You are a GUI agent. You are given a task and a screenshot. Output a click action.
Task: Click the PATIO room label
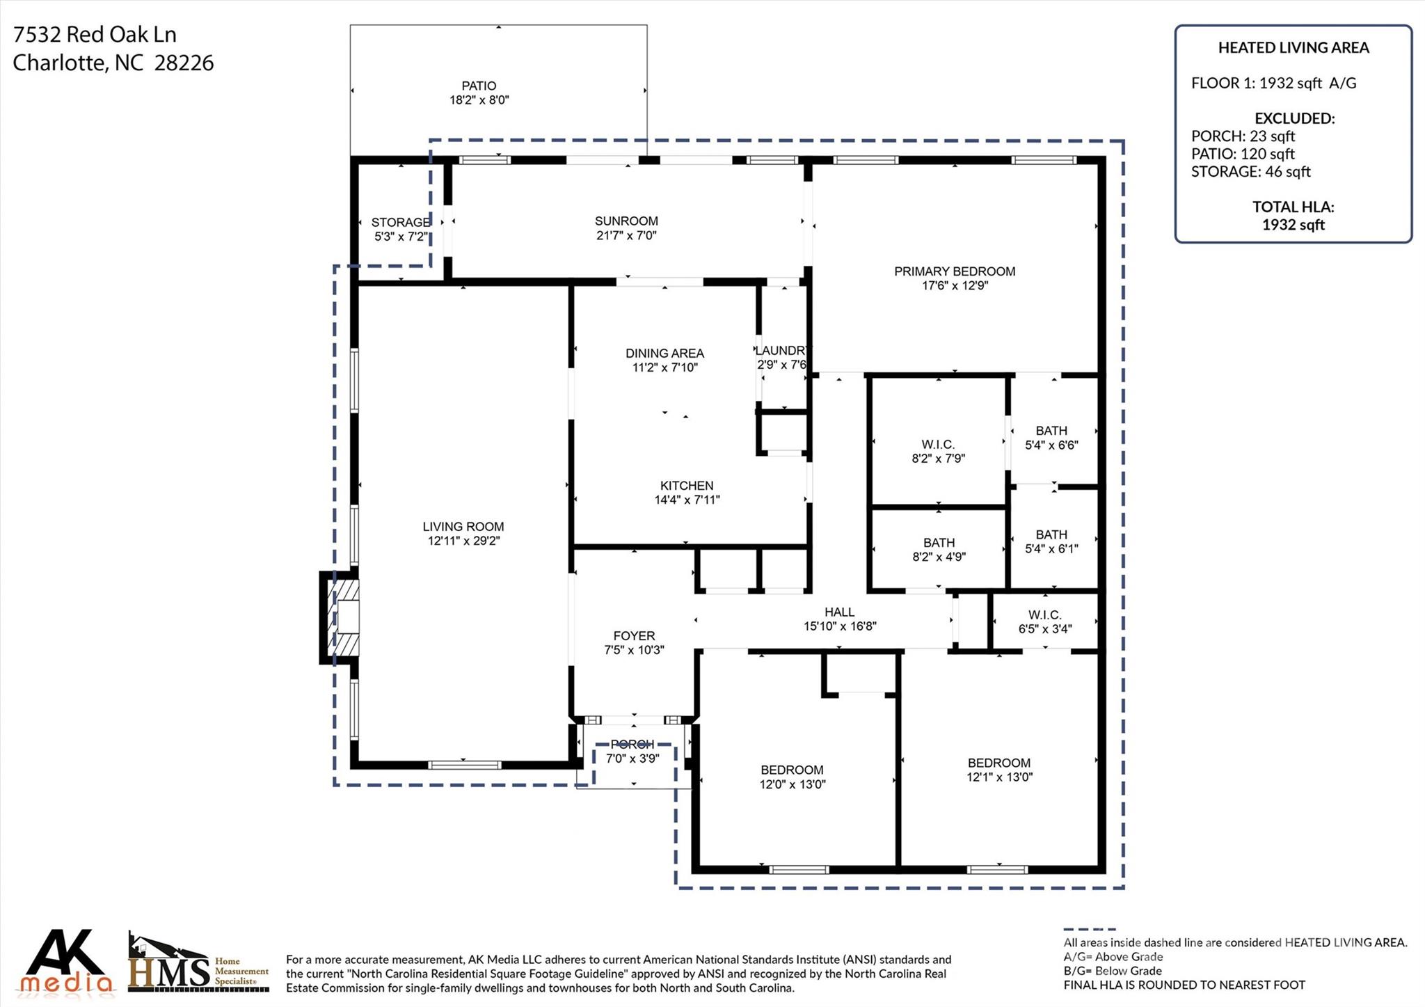tap(479, 86)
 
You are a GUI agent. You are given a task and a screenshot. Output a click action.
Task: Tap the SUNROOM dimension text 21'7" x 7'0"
tap(626, 235)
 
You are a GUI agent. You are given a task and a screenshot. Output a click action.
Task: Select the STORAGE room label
tap(400, 222)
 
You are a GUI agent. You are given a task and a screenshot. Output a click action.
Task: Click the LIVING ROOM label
tap(463, 527)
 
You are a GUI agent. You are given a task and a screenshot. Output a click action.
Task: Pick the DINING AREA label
tap(664, 353)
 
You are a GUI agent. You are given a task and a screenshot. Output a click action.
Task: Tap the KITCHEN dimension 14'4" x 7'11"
tap(687, 500)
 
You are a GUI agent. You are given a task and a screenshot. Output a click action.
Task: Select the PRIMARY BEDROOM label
tap(955, 271)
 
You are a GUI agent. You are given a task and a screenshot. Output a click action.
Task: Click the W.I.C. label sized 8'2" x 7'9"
tap(938, 444)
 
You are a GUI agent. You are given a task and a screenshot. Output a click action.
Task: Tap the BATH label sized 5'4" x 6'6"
tap(1051, 431)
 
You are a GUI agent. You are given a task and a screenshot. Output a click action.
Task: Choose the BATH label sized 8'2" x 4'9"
tap(939, 543)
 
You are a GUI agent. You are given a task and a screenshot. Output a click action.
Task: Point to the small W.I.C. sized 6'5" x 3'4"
tap(1045, 615)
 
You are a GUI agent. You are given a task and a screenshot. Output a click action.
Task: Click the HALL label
tap(839, 612)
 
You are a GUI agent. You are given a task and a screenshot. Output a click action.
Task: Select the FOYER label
tap(634, 635)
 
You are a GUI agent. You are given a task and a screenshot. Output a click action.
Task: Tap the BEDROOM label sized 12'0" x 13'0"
tap(792, 770)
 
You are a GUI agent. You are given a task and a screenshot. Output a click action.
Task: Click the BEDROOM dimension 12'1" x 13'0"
tap(999, 777)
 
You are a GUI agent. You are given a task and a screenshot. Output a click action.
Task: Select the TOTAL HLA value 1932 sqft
tap(1293, 225)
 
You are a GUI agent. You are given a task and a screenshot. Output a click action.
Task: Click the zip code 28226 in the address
tap(184, 63)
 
